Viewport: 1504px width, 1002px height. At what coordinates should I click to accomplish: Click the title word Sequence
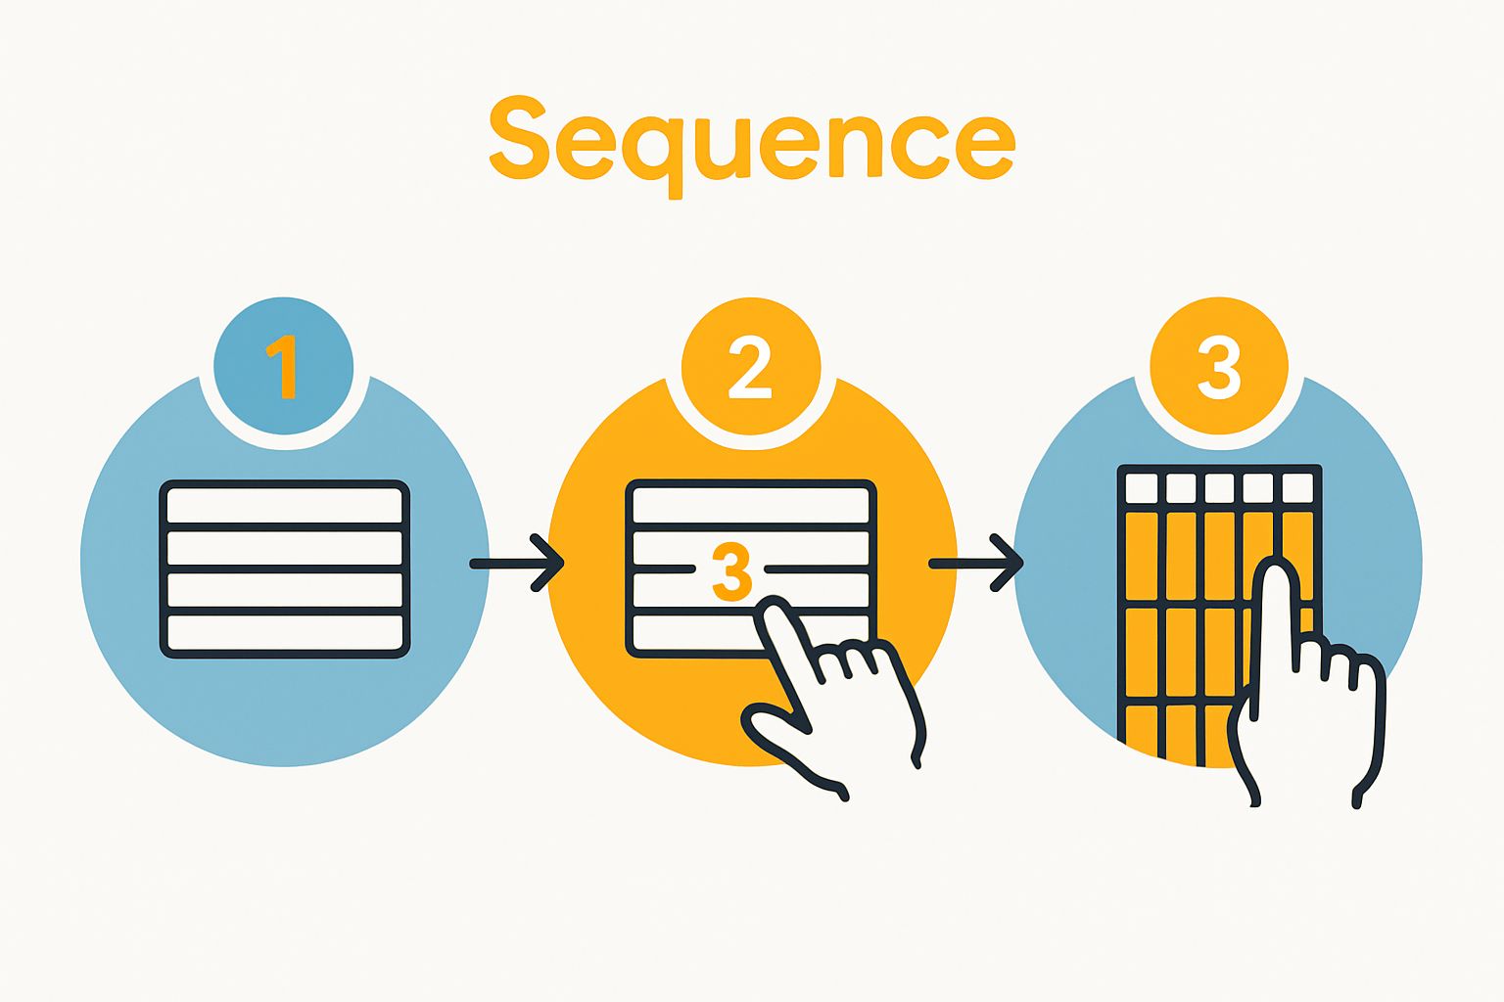751,142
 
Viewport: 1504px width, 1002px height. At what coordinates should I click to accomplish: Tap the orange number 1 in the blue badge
283,366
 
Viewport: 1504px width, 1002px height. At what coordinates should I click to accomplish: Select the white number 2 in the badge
750,366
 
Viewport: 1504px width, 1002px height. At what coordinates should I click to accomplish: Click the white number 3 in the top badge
1219,366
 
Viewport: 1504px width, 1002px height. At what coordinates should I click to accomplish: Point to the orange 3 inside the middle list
731,572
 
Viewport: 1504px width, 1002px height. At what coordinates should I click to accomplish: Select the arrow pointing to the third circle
977,563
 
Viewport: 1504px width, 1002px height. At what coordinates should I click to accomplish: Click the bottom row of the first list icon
284,632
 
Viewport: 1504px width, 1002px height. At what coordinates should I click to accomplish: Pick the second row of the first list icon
284,548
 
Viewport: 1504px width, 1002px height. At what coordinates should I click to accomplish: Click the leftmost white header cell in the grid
1142,487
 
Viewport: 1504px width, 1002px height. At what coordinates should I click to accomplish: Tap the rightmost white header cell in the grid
1297,487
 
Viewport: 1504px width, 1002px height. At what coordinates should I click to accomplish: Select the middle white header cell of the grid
1219,487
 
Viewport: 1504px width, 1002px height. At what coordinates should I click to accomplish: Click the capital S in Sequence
519,137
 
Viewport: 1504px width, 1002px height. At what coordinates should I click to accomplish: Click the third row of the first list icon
284,590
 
